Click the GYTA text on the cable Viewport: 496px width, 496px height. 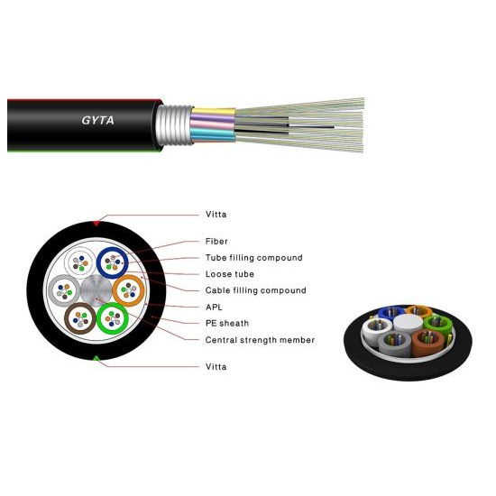pos(97,120)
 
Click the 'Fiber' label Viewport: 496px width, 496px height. pos(216,242)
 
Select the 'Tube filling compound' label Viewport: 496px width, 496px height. pos(254,258)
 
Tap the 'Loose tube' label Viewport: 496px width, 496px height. pos(230,274)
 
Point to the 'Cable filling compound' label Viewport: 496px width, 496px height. pos(255,290)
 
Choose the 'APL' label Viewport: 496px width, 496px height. pos(214,308)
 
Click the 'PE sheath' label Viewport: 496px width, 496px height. pos(227,323)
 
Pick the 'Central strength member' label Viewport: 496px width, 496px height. pos(260,340)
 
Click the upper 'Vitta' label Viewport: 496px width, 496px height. pos(216,215)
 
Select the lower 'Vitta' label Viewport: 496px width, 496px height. pos(216,367)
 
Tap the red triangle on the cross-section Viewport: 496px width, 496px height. pos(96,224)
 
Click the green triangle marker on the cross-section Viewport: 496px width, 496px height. pos(96,358)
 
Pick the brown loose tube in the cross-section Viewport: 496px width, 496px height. pos(68,318)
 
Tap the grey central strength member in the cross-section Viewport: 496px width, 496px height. pos(96,290)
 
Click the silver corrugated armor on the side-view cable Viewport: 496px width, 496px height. pos(174,125)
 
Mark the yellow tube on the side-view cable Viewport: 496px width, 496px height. pos(213,112)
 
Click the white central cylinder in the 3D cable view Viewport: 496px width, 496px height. pos(409,323)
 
